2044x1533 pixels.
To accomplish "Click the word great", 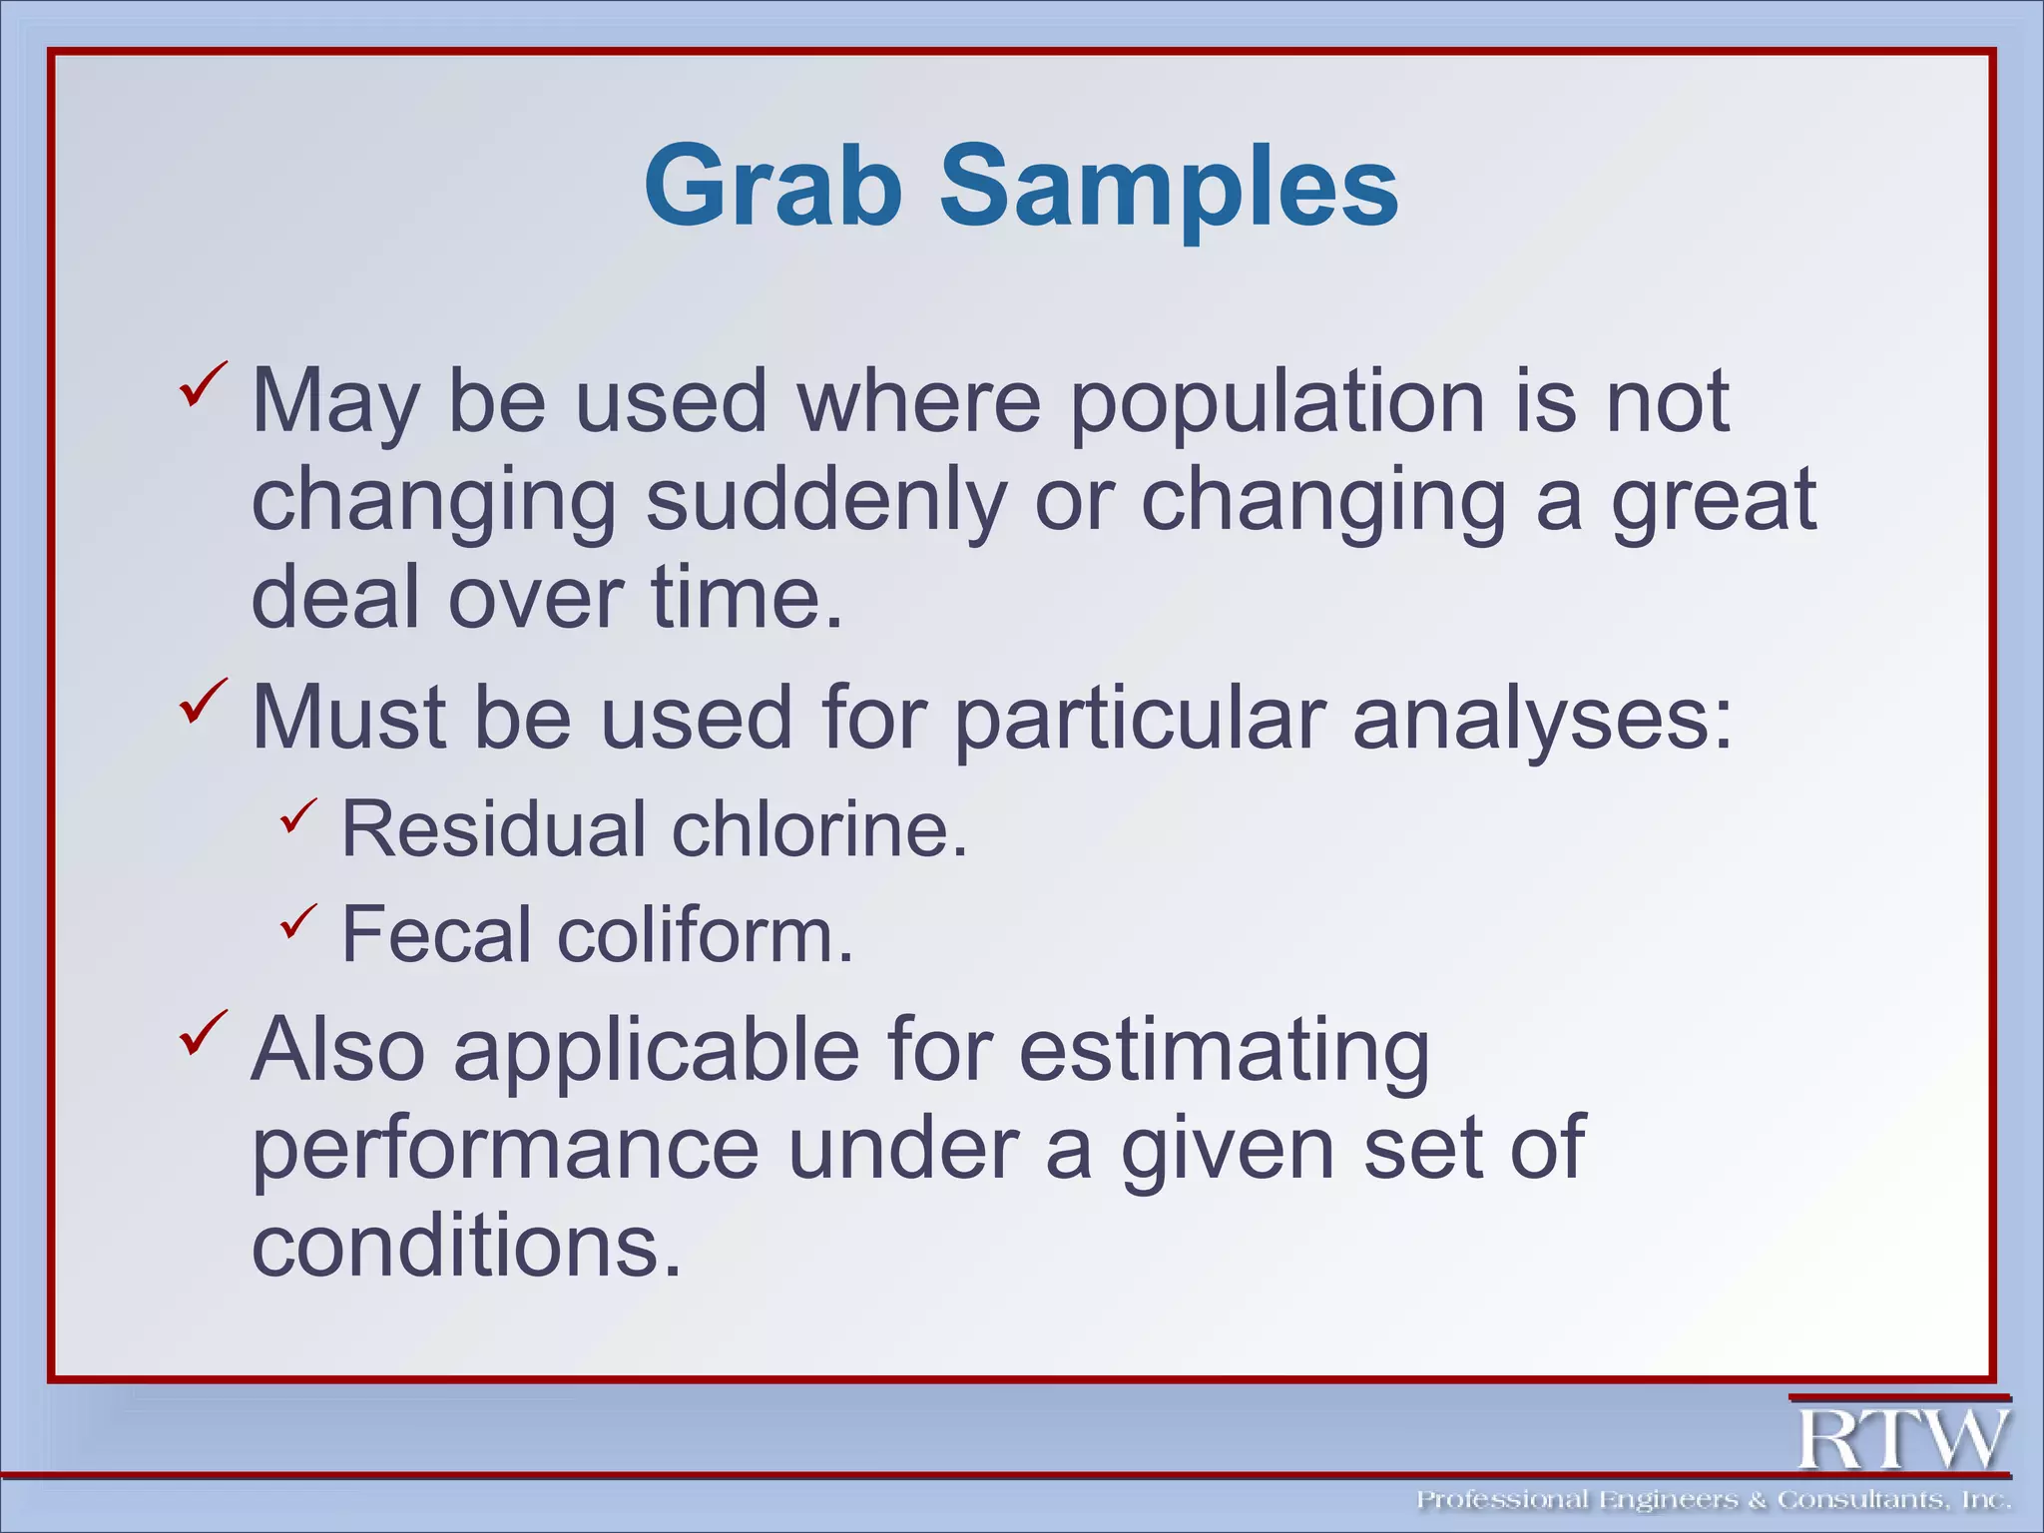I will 1714,500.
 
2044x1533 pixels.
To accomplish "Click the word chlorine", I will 818,828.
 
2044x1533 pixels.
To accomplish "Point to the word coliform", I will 705,934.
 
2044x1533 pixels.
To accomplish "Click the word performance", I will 504,1148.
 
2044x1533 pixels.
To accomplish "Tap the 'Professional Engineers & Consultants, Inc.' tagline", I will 1713,1500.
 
